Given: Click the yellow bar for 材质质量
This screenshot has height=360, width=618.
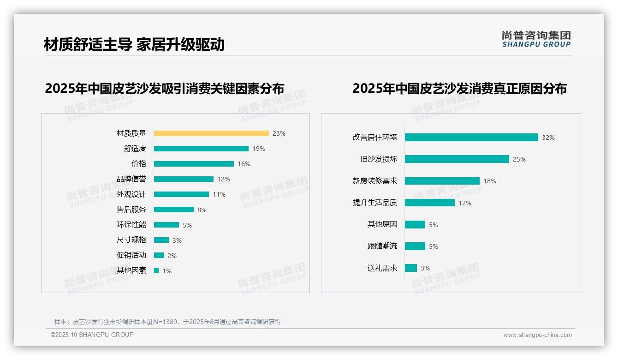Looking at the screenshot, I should point(211,133).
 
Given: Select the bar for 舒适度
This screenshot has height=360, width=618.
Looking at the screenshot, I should point(201,149).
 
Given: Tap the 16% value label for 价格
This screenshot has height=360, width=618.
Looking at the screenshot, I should point(244,164).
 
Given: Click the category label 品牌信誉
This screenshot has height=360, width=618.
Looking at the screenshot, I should point(131,179).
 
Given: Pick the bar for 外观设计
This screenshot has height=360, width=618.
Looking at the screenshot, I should point(181,194).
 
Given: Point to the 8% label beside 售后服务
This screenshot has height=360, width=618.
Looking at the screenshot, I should point(202,210).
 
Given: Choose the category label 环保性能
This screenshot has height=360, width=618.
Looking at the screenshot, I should point(131,225).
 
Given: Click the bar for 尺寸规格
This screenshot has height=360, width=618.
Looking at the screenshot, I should point(161,240).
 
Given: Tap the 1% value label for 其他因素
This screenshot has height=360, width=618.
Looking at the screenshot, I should point(166,271).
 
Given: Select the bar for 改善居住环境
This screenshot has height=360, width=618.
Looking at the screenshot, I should point(471,138).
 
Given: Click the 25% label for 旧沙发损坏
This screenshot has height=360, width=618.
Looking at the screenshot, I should point(519,159).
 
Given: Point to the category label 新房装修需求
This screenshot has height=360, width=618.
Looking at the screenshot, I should point(375,181).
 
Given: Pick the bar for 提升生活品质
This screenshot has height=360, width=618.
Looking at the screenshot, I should point(430,203).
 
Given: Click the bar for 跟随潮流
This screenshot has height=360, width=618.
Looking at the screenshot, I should point(415,246).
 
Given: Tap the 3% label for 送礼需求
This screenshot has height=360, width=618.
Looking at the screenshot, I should point(425,268).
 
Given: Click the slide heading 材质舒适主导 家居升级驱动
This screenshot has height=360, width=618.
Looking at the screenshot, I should point(134,45).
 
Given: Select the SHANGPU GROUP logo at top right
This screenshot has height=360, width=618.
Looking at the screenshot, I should point(536,39).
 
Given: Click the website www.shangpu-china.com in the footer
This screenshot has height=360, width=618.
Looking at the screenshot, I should point(537,335).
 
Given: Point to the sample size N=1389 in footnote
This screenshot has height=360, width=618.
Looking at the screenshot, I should point(165,322).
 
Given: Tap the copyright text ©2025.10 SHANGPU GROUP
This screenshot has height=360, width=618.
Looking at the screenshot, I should point(92,335).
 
